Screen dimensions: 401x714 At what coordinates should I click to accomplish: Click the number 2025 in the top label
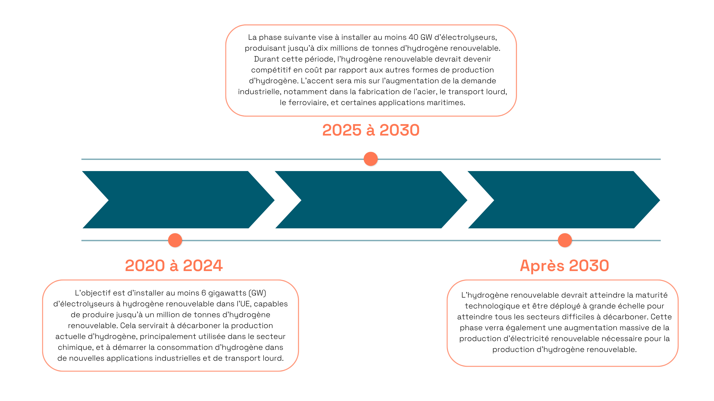(x=342, y=130)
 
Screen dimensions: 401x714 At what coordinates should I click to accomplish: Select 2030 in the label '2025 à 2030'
(x=399, y=130)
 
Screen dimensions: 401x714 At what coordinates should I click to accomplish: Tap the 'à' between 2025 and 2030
(x=371, y=130)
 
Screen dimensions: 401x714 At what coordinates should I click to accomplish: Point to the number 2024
(x=203, y=265)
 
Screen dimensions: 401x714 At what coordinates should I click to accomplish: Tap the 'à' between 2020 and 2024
(x=174, y=265)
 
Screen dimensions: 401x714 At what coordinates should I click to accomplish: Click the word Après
(x=542, y=265)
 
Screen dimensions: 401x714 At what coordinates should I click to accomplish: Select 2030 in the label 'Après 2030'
(x=589, y=265)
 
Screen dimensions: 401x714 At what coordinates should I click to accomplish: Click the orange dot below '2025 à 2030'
(x=371, y=159)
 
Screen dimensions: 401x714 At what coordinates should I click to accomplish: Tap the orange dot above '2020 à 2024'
(x=175, y=240)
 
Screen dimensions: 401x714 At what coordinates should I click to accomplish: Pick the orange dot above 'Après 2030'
(x=565, y=240)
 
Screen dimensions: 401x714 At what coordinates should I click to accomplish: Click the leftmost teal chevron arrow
(x=177, y=200)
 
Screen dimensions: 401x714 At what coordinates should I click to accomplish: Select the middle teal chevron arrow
(x=371, y=200)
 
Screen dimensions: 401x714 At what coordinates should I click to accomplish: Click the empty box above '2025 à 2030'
(x=371, y=70)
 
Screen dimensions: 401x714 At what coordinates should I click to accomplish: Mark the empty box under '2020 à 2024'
(x=171, y=325)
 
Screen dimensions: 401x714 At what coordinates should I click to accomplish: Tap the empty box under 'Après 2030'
(x=563, y=323)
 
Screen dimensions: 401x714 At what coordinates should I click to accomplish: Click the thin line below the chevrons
(x=360, y=241)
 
